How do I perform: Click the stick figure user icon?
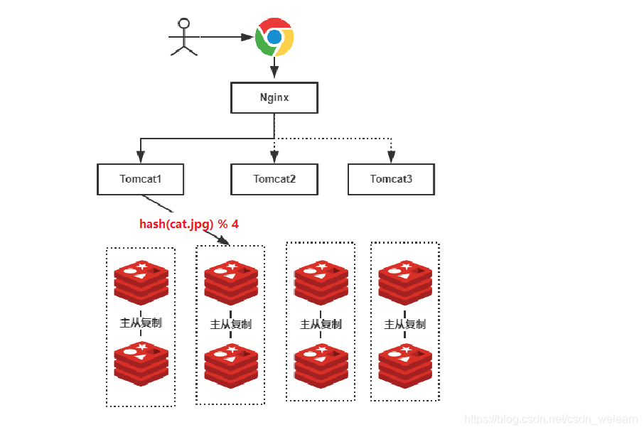(184, 37)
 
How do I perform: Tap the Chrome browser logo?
(274, 38)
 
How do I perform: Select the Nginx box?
(274, 98)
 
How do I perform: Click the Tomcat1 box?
(140, 179)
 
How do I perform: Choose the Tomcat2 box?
(274, 179)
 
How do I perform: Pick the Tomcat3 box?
(390, 179)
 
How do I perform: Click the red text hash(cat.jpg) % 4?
(189, 224)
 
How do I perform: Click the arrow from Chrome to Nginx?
(274, 70)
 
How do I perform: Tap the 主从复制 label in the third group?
(321, 324)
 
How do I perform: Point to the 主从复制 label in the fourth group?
(404, 324)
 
